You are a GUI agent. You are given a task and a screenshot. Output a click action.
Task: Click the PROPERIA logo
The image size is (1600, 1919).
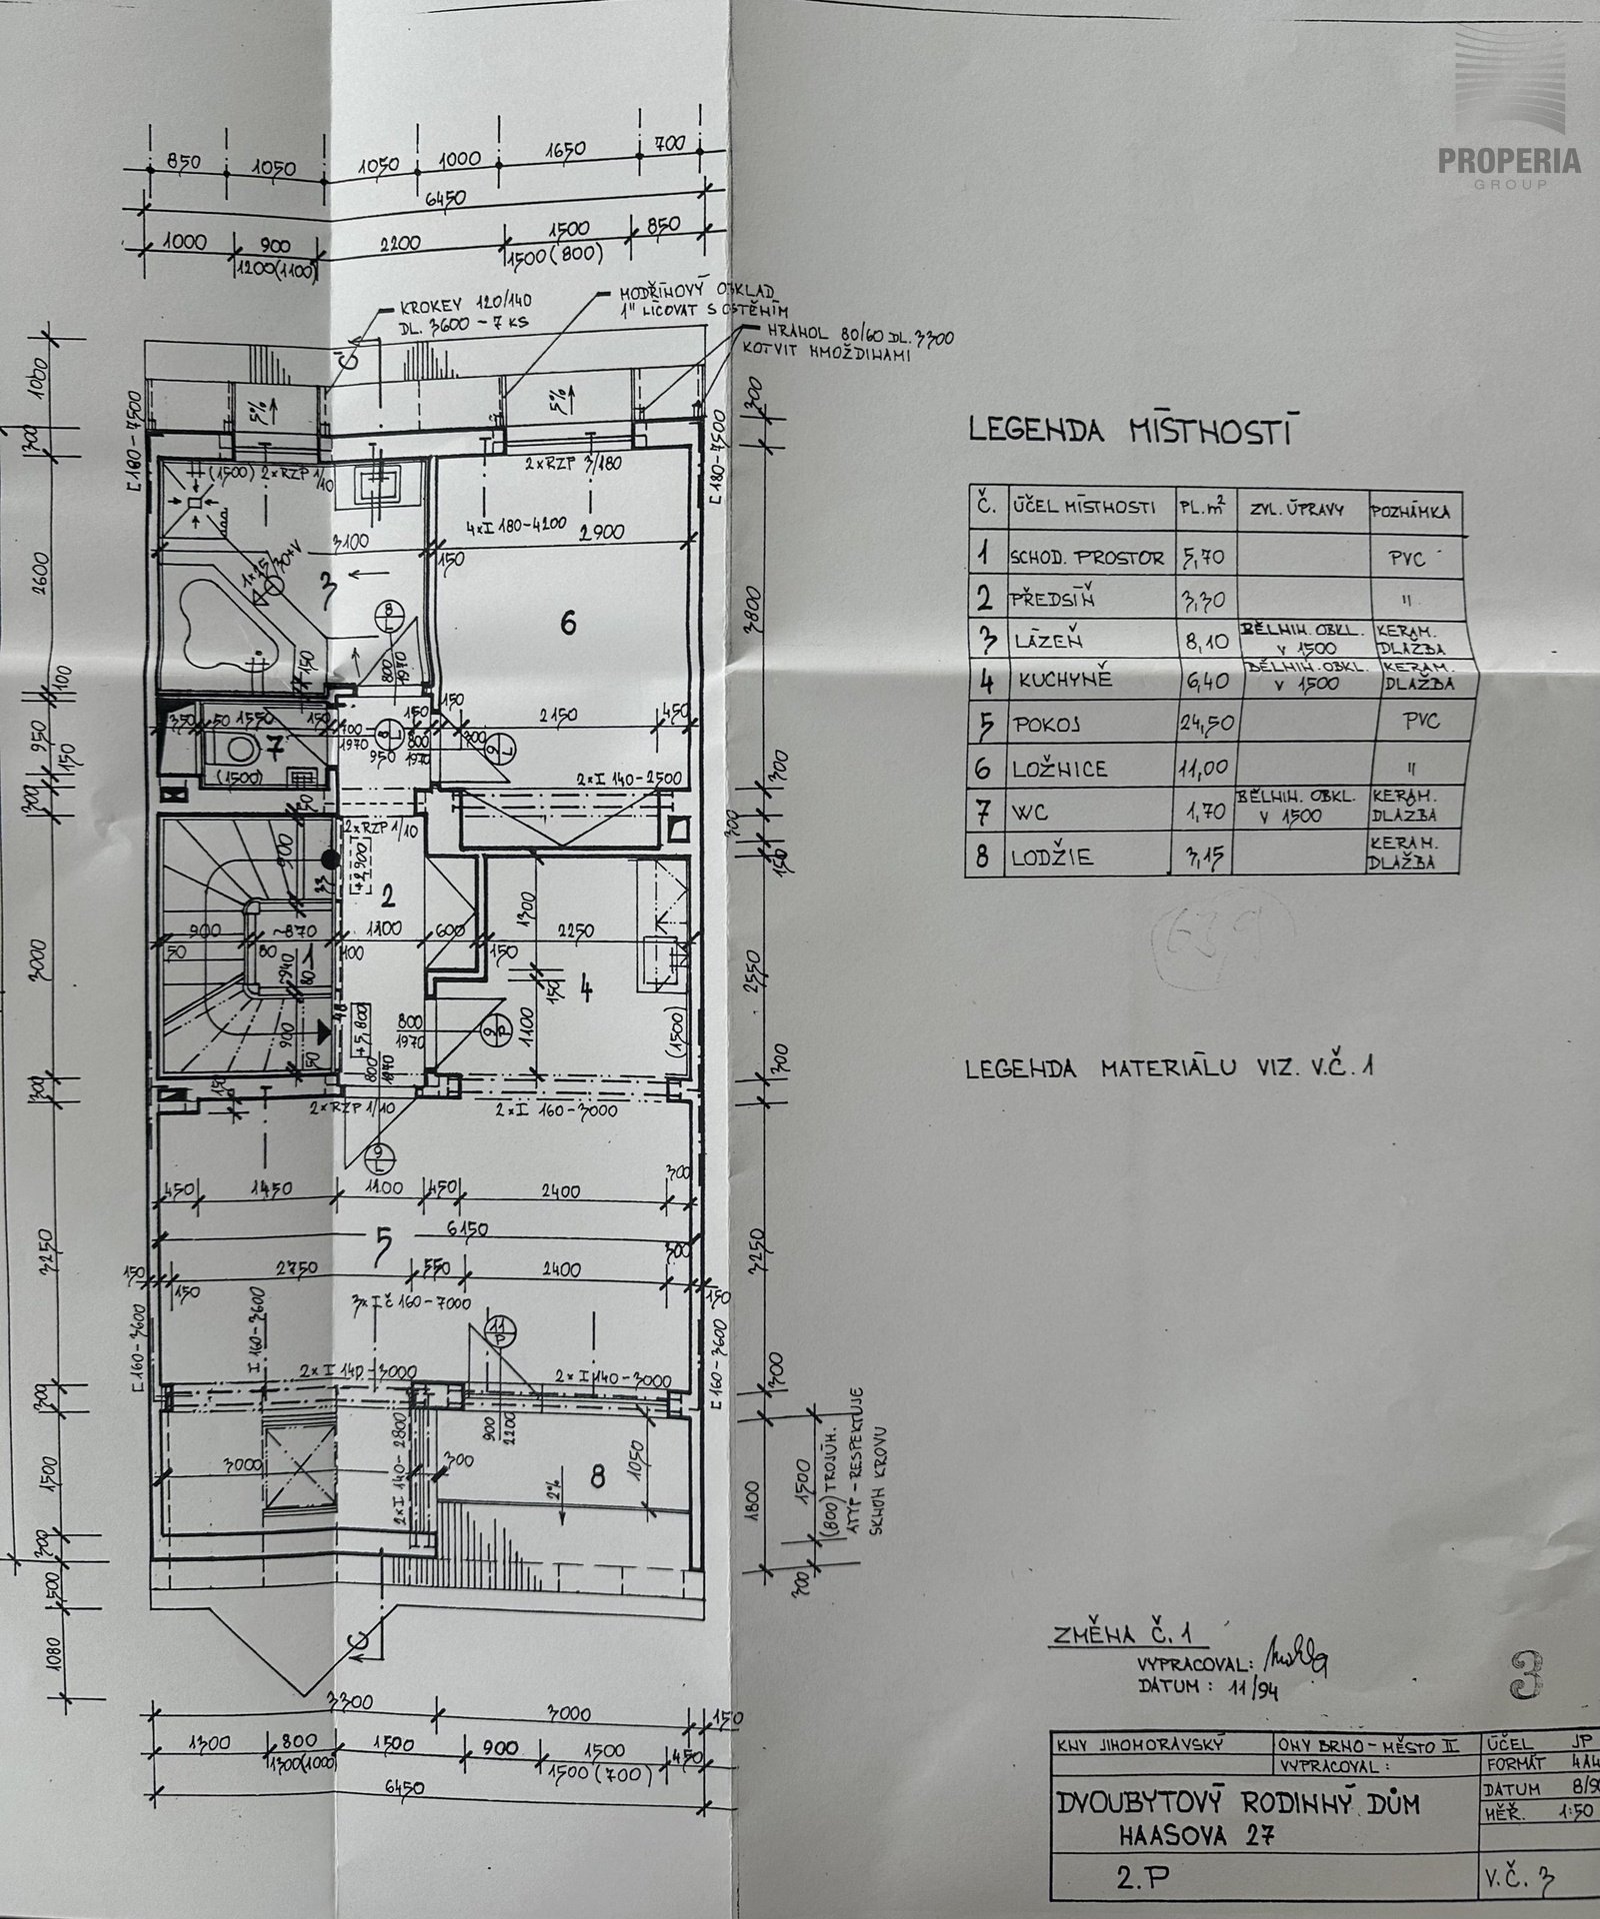click(1510, 162)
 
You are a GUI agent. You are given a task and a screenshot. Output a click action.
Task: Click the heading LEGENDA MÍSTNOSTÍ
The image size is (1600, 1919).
click(1131, 431)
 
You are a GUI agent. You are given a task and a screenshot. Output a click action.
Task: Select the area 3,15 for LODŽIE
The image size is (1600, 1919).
click(1204, 856)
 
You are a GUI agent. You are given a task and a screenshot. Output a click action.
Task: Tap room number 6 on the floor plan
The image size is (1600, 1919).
click(568, 624)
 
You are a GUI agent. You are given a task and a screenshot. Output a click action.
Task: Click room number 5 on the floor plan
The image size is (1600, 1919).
click(381, 1244)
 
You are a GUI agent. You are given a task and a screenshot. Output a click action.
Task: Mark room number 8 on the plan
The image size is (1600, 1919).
click(597, 1475)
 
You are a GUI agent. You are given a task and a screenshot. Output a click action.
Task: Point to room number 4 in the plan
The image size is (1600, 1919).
click(585, 989)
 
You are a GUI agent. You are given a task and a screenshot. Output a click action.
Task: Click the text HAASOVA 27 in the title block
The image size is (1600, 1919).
click(1197, 1835)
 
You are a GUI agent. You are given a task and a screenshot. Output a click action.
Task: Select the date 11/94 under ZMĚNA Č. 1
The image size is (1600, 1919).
click(1257, 1688)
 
